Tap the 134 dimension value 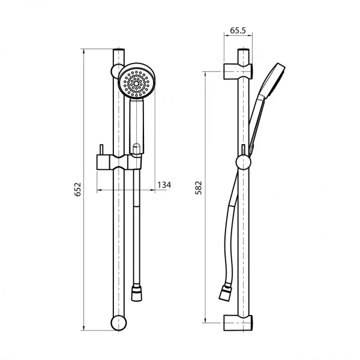164,185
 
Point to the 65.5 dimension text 238,29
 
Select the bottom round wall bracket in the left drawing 118,322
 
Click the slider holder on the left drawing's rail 118,161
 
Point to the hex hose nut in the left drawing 137,292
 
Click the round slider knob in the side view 243,162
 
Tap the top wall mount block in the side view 239,70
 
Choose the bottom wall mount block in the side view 239,323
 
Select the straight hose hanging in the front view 137,228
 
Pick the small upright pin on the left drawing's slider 103,149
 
